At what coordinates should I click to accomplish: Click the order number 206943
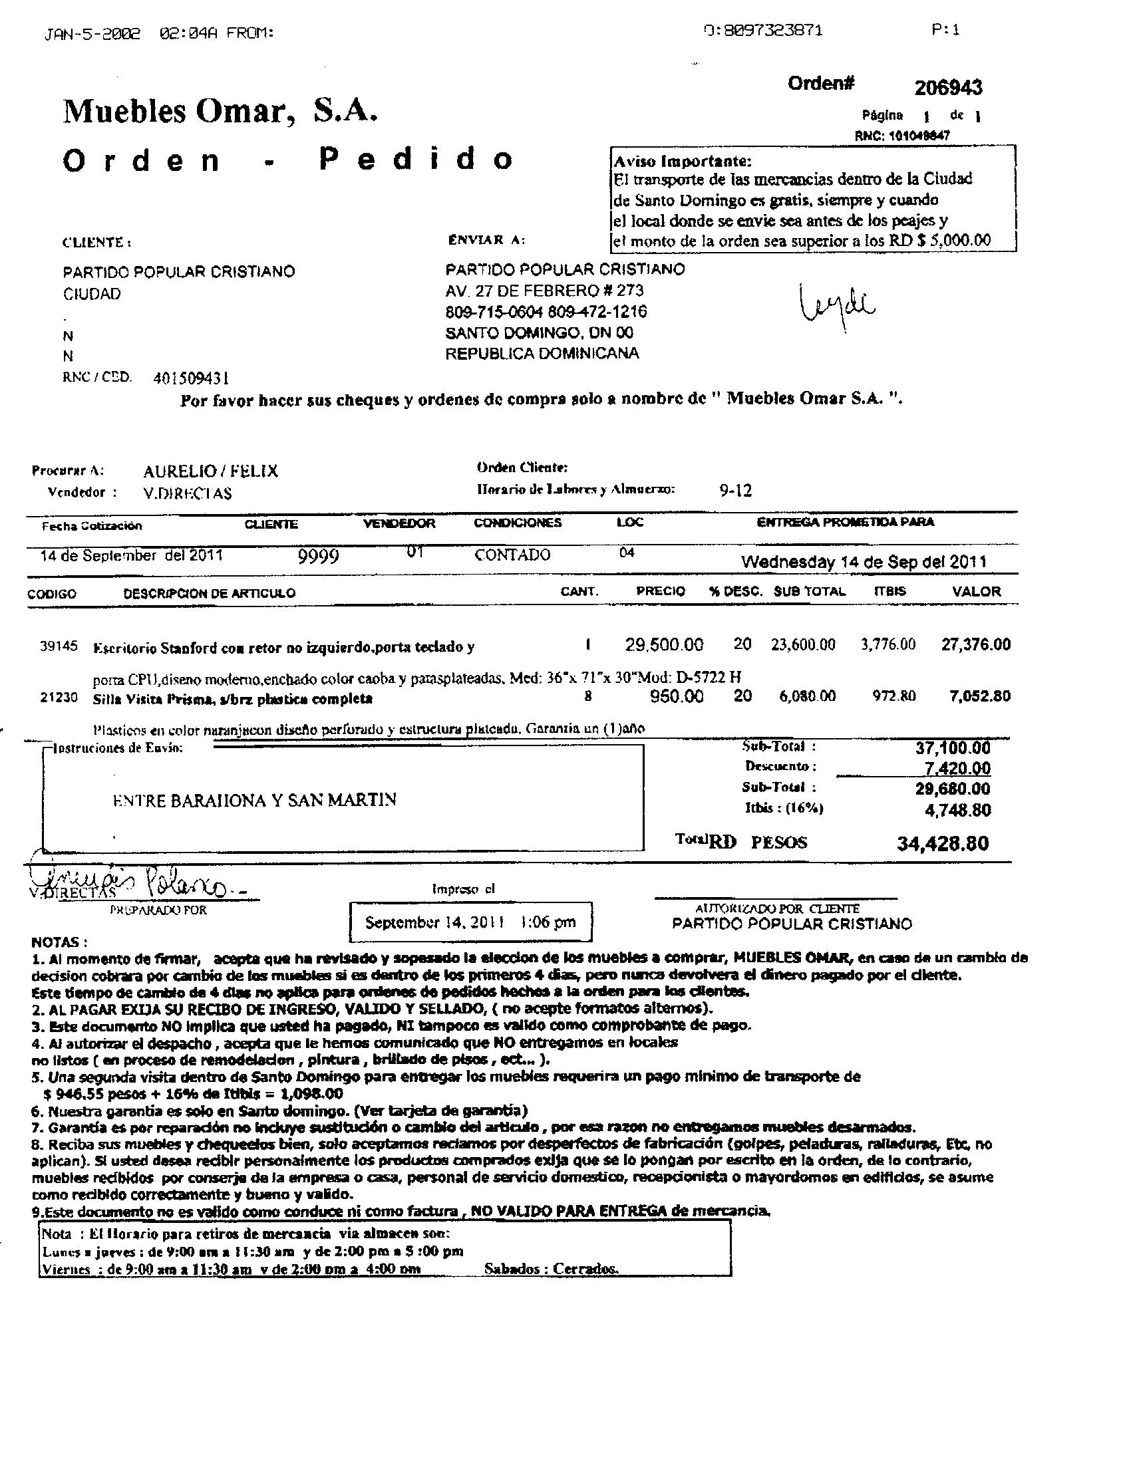pos(948,88)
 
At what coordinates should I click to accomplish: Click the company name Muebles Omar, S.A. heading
pos(220,110)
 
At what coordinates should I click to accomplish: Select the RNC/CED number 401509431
pos(191,378)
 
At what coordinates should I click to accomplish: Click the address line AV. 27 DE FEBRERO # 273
pos(544,291)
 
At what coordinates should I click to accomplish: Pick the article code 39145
pos(59,646)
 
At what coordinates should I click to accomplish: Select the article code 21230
pos(59,698)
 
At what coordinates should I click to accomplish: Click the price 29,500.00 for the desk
pos(664,645)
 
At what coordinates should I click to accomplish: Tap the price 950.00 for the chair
pos(677,697)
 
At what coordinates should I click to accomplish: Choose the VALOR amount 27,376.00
pos(975,644)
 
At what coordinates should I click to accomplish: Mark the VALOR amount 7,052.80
pos(979,696)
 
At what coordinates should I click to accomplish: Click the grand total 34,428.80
pos(943,843)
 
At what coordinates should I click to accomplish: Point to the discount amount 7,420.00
pos(952,768)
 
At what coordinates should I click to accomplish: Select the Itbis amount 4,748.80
pos(957,810)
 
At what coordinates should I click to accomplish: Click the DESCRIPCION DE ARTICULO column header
pos(209,593)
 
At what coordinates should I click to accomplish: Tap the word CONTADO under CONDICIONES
pos(512,555)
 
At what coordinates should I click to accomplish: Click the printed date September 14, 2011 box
pos(470,922)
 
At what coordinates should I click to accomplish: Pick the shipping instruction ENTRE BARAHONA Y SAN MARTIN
pos(255,800)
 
